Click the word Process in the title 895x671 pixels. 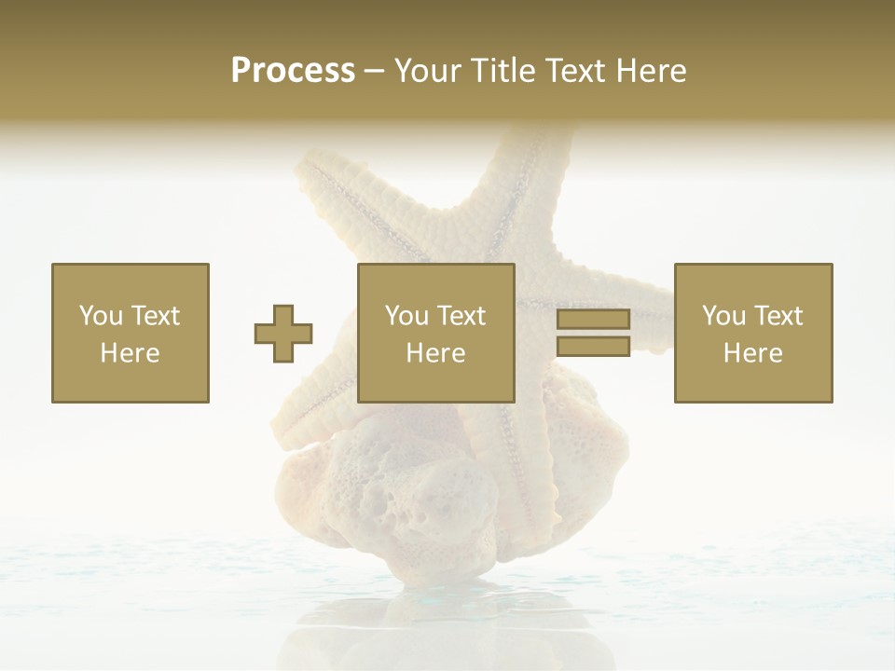click(293, 71)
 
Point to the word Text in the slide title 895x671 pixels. click(575, 71)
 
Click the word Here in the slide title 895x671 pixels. click(652, 71)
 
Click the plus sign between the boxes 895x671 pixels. click(283, 334)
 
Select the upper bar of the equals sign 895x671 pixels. click(593, 320)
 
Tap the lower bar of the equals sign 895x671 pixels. click(593, 347)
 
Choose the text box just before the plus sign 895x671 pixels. click(131, 333)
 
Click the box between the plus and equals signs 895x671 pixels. click(436, 333)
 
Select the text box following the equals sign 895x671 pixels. click(753, 333)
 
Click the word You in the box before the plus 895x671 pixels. click(100, 316)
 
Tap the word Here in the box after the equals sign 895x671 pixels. click(752, 353)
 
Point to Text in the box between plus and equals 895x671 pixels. click(461, 316)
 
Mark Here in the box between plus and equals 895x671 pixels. click(436, 353)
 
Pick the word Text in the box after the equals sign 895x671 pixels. click(778, 316)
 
